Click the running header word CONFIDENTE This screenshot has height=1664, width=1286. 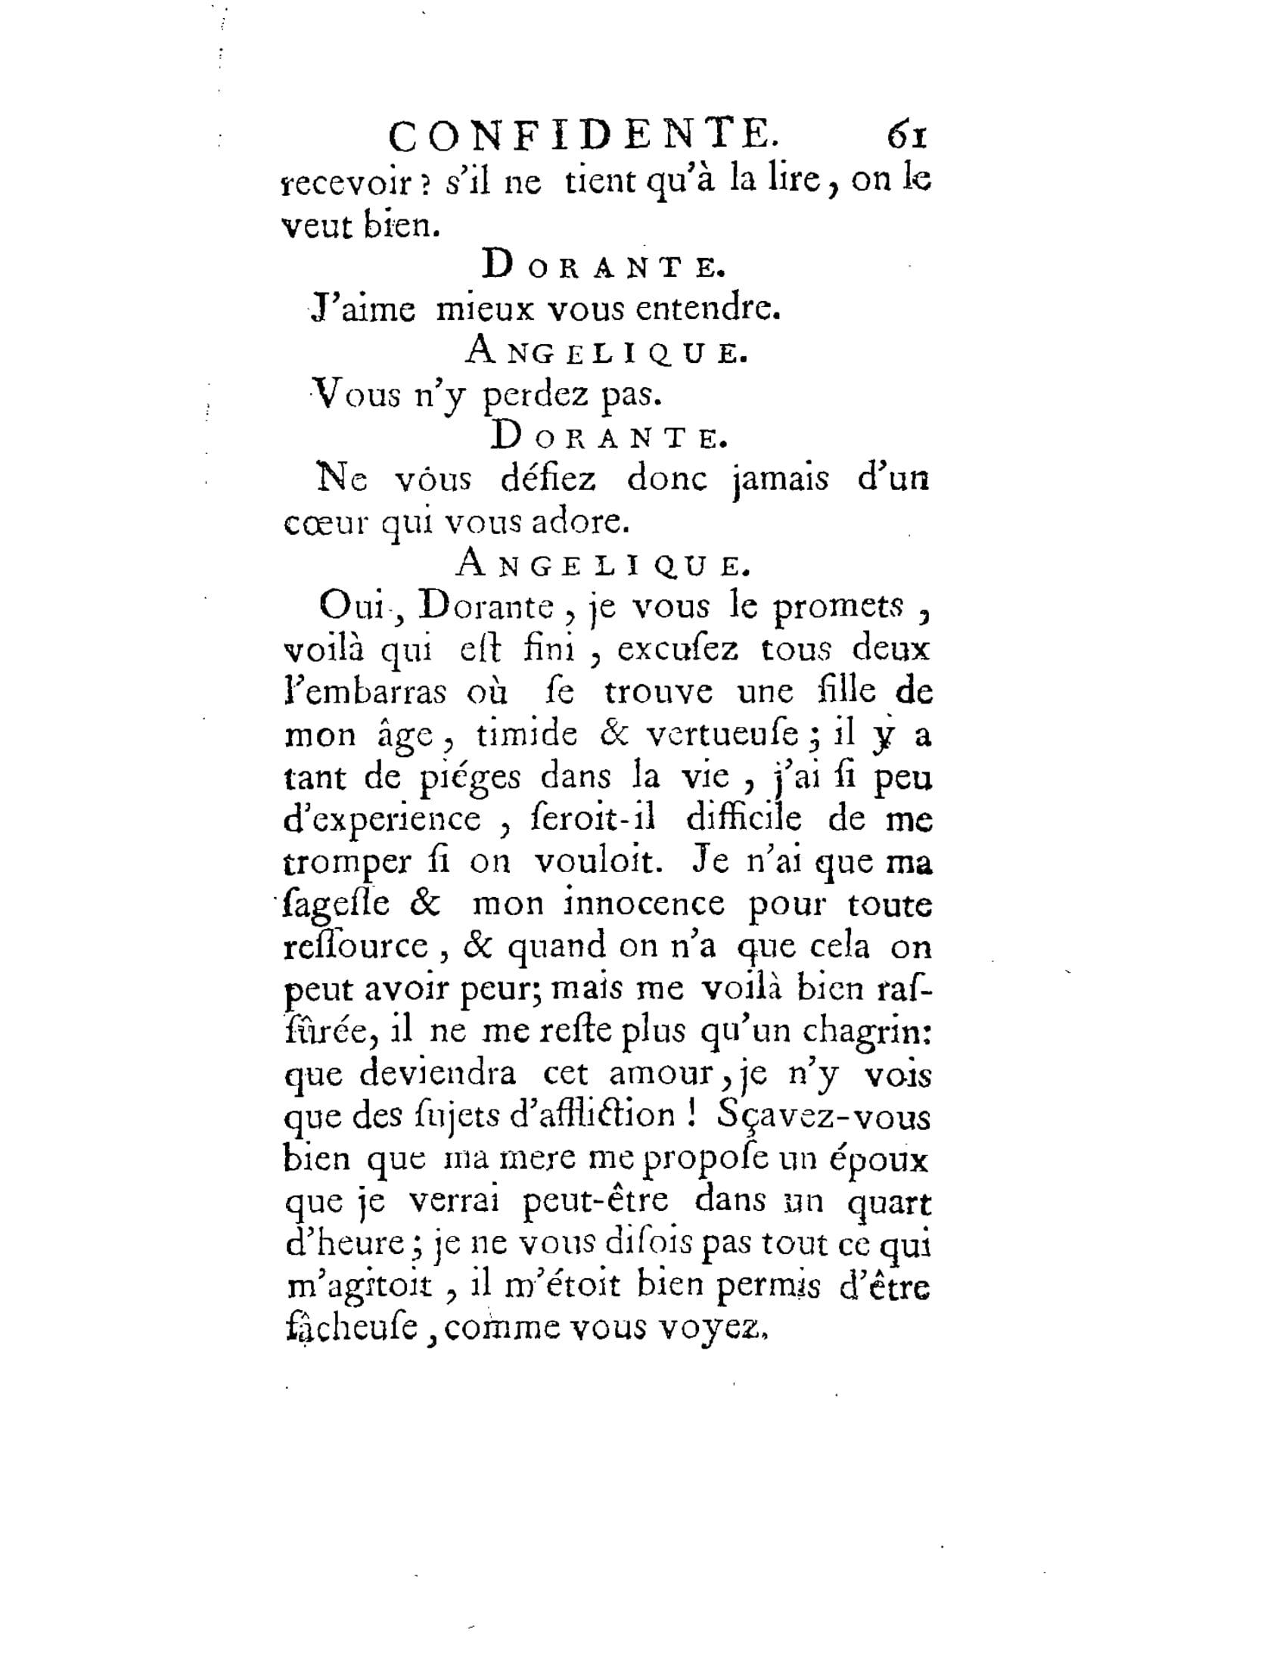583,137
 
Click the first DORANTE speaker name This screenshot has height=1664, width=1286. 604,266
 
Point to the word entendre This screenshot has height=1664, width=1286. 707,309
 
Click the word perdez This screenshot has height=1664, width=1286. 536,395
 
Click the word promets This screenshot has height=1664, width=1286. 839,607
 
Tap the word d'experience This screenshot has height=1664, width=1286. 383,821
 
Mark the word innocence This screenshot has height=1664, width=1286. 645,905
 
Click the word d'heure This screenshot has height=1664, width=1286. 344,1244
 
